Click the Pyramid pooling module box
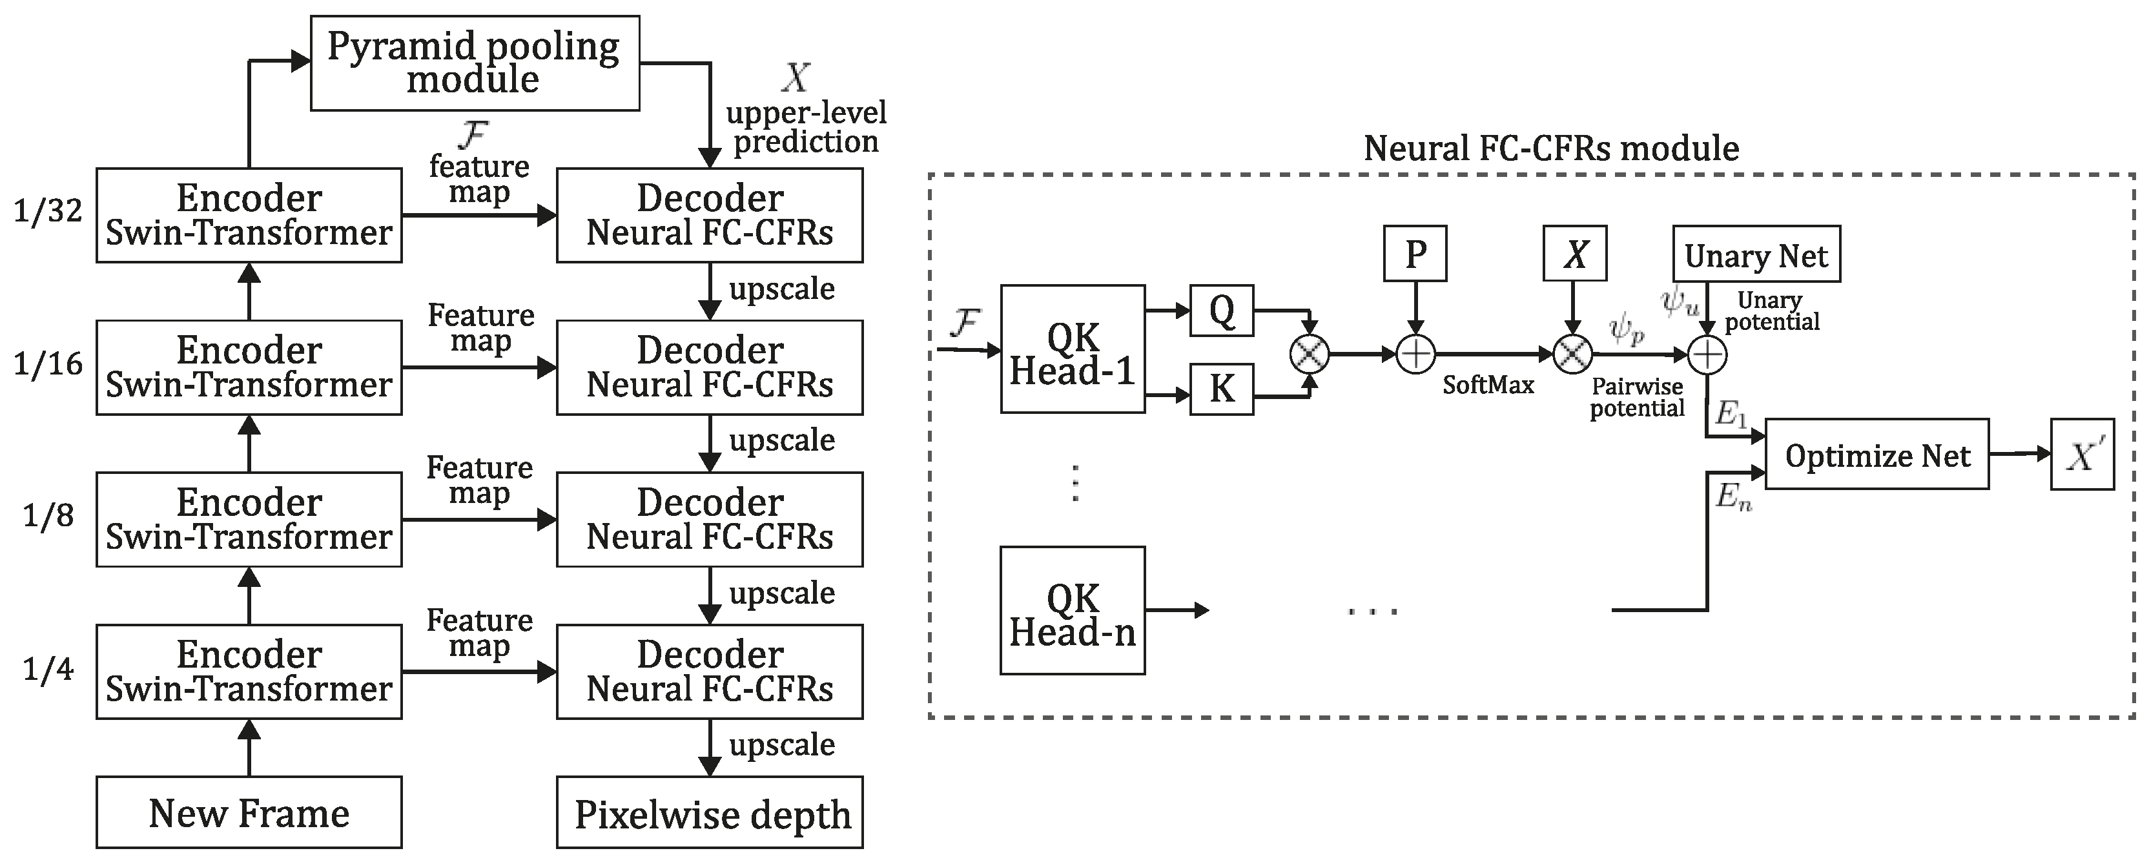click(x=475, y=63)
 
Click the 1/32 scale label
click(x=48, y=211)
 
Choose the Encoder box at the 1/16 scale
click(x=249, y=367)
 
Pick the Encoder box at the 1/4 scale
click(x=249, y=672)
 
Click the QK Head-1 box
click(x=1072, y=349)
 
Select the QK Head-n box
click(x=1072, y=611)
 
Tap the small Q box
click(x=1221, y=311)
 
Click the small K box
click(x=1221, y=389)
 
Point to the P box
click(x=1415, y=254)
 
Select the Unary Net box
click(x=1756, y=254)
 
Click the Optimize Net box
click(x=1877, y=455)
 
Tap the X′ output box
click(x=2082, y=455)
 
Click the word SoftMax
click(x=1488, y=385)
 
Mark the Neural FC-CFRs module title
click(x=1551, y=149)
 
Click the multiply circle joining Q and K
click(x=1309, y=354)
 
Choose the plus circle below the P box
click(x=1415, y=354)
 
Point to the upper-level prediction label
click(x=805, y=127)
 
